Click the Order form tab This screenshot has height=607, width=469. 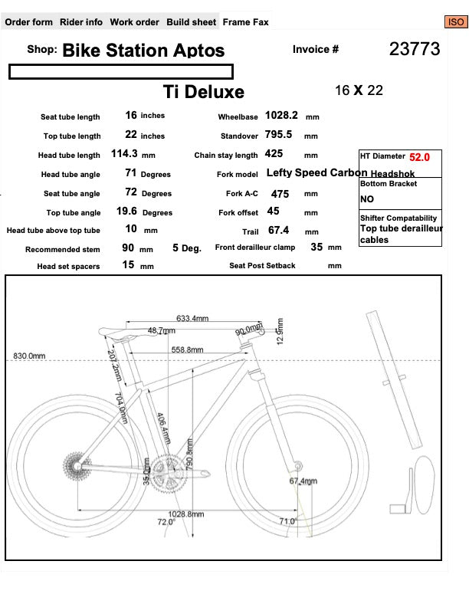[29, 22]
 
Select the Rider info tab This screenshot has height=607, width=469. [81, 22]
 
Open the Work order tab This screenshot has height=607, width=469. [135, 22]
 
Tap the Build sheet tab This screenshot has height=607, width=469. [192, 22]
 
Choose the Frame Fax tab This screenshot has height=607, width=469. [245, 22]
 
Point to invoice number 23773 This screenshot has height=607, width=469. [415, 50]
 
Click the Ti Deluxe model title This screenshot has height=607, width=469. [204, 92]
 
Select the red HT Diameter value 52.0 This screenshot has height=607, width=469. [420, 157]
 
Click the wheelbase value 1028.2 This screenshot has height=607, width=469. [281, 116]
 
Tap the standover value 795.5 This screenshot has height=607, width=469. [278, 135]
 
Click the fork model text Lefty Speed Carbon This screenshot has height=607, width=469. [316, 173]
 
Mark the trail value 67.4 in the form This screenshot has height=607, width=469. [278, 230]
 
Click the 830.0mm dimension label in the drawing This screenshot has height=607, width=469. [29, 356]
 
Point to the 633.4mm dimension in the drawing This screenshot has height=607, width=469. [192, 318]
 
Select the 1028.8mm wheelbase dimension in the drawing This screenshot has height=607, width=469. [185, 514]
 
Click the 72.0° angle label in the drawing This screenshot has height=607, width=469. [166, 522]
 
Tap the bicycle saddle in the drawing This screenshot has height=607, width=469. [123, 330]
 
